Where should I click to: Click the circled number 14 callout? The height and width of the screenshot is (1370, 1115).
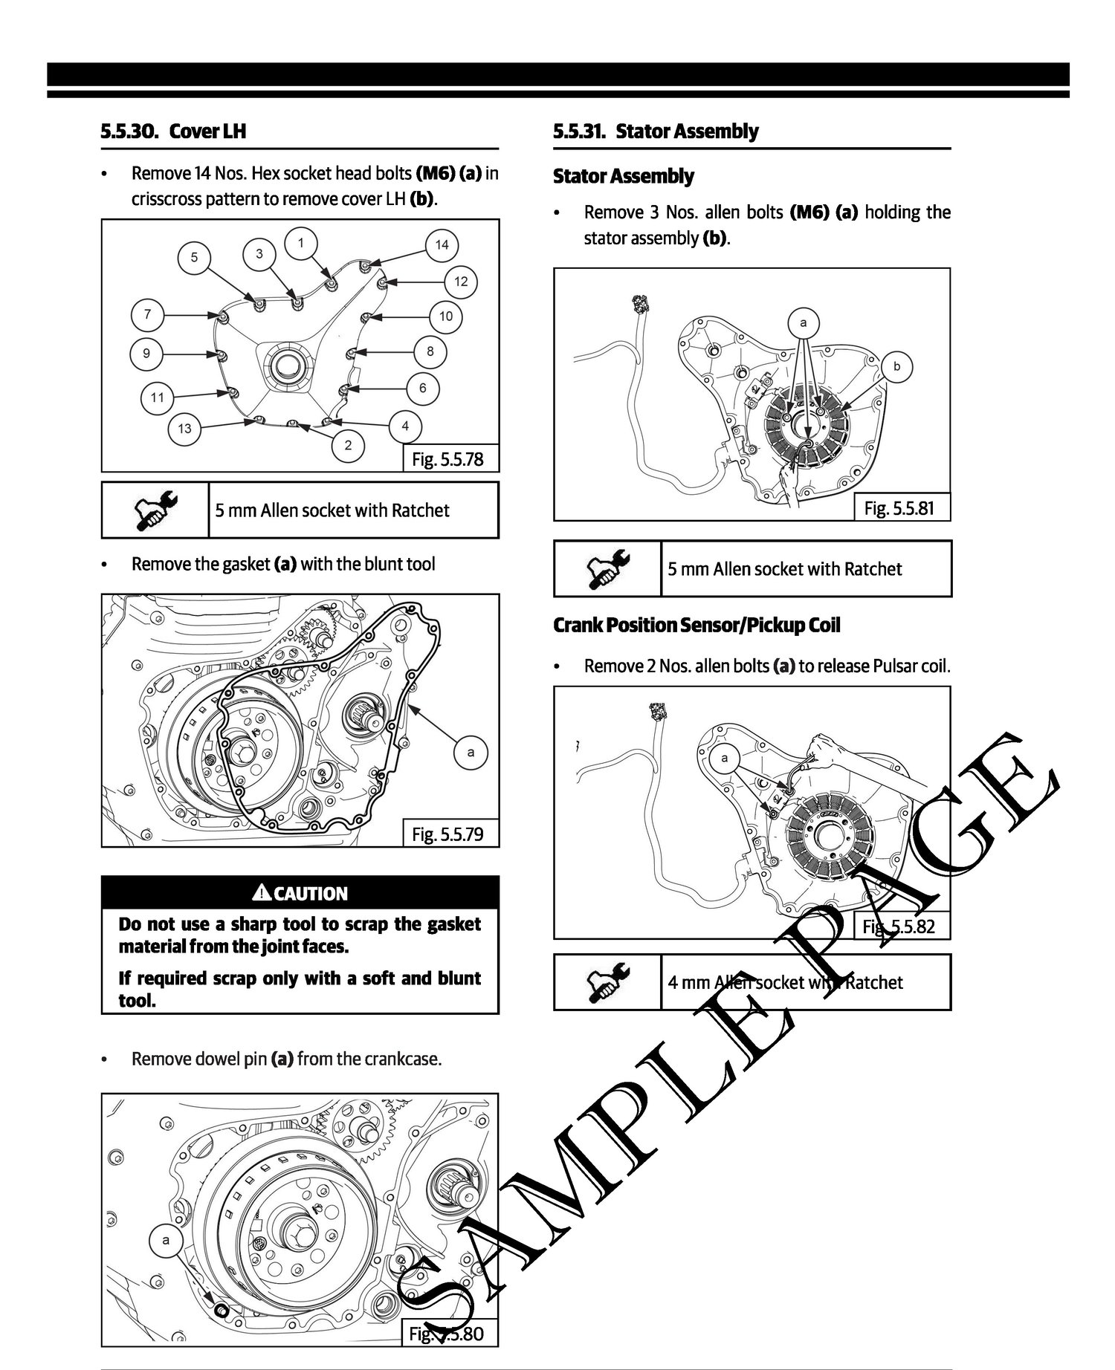pos(442,244)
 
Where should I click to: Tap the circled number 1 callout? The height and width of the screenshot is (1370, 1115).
pos(300,242)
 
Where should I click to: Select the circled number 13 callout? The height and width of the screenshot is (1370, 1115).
pos(184,428)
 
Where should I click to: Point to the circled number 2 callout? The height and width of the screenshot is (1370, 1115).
pos(348,446)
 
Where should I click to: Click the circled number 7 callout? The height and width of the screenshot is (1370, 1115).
pos(147,314)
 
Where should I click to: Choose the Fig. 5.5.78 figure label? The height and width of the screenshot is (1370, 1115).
pos(447,459)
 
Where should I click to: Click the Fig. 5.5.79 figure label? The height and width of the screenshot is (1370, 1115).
pos(447,834)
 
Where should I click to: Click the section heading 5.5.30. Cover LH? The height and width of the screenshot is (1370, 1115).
pos(173,132)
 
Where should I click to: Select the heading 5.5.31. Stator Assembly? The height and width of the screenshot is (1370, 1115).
pos(656,132)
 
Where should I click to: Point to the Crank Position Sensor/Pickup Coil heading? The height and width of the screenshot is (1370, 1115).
pos(697,625)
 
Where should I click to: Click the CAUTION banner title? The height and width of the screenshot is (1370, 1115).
pos(300,893)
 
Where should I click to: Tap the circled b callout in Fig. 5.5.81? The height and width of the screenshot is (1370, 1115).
pos(897,366)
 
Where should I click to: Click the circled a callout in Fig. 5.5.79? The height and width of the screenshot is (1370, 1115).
pos(471,753)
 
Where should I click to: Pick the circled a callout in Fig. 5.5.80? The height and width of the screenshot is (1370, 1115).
pos(166,1240)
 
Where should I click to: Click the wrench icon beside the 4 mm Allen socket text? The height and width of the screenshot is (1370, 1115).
pos(607,981)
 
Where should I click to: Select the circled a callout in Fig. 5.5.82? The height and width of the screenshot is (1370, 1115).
pos(724,758)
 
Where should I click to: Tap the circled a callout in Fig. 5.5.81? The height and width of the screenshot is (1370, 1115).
pos(803,323)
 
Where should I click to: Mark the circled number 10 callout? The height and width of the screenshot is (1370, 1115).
pos(445,316)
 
